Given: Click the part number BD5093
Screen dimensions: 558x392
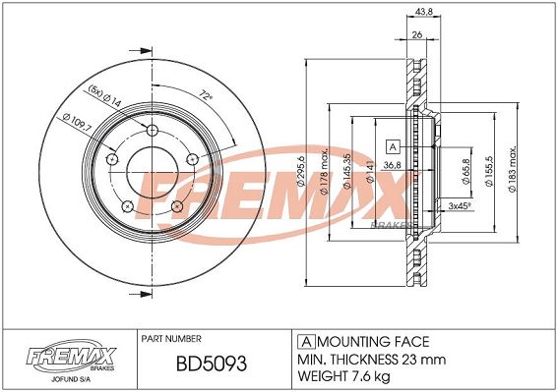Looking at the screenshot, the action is [212, 364].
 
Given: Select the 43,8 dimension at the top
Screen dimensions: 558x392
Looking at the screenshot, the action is [423, 12].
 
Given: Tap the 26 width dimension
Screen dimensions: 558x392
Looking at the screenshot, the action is [416, 34].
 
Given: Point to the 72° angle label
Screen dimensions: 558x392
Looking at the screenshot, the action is [206, 94].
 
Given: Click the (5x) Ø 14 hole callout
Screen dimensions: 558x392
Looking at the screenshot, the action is [105, 96].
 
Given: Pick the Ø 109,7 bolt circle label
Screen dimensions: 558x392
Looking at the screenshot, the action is [77, 124].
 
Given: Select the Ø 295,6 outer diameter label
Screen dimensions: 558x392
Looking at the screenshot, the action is [301, 171].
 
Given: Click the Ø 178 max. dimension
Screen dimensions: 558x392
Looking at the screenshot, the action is [324, 172].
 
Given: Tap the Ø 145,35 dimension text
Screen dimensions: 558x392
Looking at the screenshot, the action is [347, 171].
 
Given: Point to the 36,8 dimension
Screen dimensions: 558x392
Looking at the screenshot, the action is [392, 165].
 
